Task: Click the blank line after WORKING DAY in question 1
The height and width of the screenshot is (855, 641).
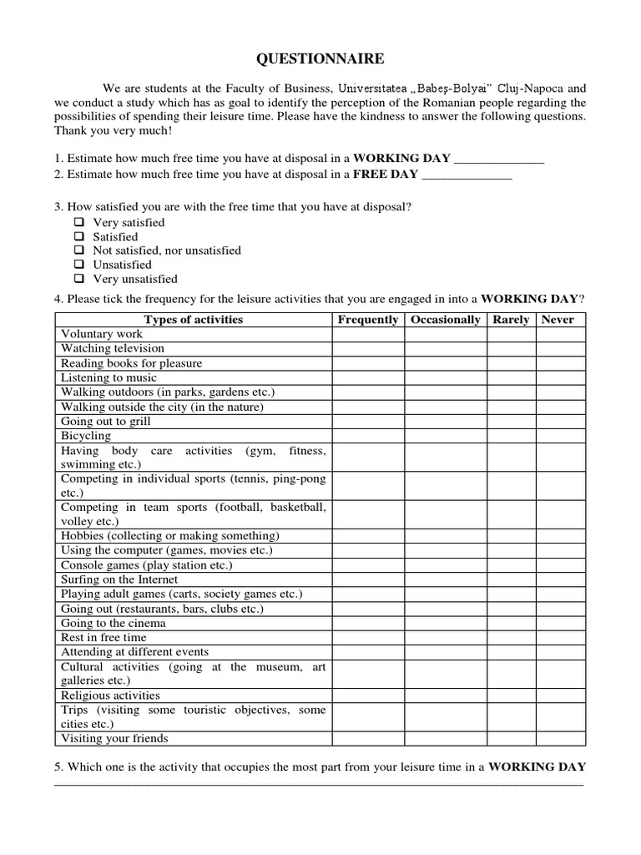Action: click(x=499, y=159)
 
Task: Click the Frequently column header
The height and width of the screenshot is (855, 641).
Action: click(x=368, y=320)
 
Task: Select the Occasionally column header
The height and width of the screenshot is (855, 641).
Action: click(x=446, y=320)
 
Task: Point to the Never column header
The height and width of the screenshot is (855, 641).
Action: click(x=558, y=320)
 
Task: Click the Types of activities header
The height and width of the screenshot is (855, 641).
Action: click(x=194, y=320)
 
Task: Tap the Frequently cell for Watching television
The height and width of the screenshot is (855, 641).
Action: click(x=368, y=349)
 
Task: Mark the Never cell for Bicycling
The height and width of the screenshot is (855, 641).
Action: click(x=560, y=436)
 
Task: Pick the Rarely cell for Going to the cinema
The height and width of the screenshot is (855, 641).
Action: click(x=511, y=623)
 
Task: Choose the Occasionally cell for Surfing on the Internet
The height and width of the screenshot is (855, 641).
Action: click(x=446, y=579)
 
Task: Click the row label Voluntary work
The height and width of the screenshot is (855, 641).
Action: click(x=102, y=334)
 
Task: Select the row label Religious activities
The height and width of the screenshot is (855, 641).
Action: click(x=110, y=695)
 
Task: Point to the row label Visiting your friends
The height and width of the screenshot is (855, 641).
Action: click(x=114, y=738)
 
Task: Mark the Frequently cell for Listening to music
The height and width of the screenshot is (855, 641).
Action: click(x=368, y=378)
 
